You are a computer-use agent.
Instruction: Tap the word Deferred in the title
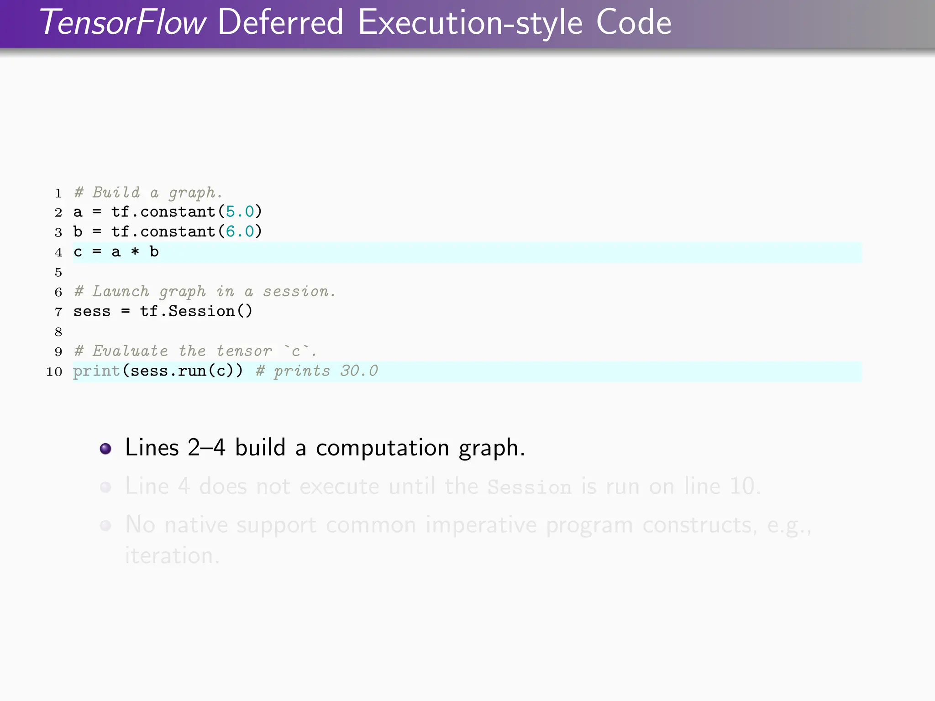point(280,23)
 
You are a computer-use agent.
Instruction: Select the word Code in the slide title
point(633,23)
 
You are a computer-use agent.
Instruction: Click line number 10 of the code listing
point(54,371)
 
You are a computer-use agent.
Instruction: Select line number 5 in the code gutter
point(58,272)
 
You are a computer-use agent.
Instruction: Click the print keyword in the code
point(96,371)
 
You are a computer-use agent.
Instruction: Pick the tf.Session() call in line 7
point(196,311)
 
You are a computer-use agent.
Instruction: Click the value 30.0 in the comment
point(359,371)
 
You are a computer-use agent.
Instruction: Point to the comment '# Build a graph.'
point(148,193)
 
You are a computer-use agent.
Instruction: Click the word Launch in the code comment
point(121,291)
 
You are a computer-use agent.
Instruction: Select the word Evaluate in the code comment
point(130,351)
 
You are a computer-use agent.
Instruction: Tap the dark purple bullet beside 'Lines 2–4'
point(105,449)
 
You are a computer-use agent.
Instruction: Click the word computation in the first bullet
point(382,448)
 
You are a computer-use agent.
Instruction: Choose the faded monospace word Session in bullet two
point(529,487)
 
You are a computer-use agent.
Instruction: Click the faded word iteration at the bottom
point(172,555)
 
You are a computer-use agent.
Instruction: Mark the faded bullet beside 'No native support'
point(105,526)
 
